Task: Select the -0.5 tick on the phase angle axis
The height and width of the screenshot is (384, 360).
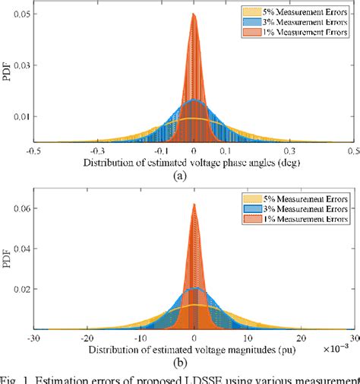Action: pos(33,151)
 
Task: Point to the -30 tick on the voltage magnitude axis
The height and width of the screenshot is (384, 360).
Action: pos(33,336)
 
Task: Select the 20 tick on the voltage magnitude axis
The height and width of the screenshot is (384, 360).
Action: pos(302,336)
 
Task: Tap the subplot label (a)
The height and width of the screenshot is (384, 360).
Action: pos(180,175)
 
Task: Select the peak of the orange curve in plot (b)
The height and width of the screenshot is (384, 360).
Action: pos(194,204)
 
